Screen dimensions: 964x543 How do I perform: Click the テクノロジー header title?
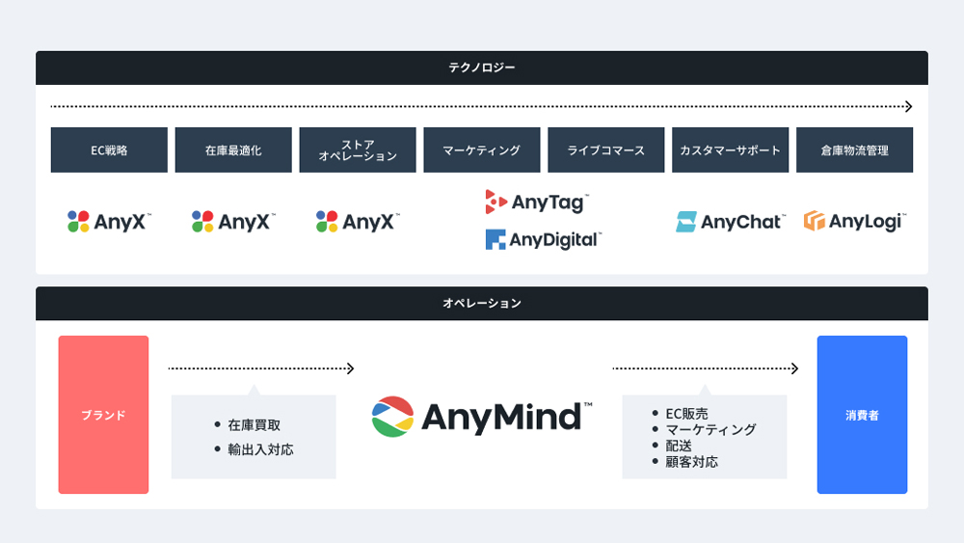point(481,68)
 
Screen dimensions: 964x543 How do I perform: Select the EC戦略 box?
point(109,150)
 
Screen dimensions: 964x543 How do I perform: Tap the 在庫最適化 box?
point(233,150)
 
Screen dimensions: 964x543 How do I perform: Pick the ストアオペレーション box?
point(358,150)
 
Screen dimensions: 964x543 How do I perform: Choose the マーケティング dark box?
point(482,150)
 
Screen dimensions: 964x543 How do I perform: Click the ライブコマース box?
point(606,150)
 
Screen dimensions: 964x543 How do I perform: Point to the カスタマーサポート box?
point(731,150)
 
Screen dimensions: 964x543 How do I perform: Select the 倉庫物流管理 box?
point(854,150)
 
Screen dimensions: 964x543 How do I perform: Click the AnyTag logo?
point(537,202)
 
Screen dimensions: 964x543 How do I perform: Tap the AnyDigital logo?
point(544,239)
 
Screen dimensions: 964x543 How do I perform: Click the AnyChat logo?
point(731,222)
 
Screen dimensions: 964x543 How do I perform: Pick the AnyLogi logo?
point(854,221)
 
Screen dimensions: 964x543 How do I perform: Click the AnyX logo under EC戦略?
point(109,222)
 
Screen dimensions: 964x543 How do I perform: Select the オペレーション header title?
point(482,303)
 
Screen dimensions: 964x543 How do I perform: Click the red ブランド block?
point(103,415)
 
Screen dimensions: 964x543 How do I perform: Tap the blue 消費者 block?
point(862,415)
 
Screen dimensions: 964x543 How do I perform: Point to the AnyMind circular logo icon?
point(393,417)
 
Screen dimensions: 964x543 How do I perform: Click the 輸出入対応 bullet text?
point(260,449)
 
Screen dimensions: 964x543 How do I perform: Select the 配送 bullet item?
point(679,446)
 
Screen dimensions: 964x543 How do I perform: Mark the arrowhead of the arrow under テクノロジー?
point(909,106)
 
